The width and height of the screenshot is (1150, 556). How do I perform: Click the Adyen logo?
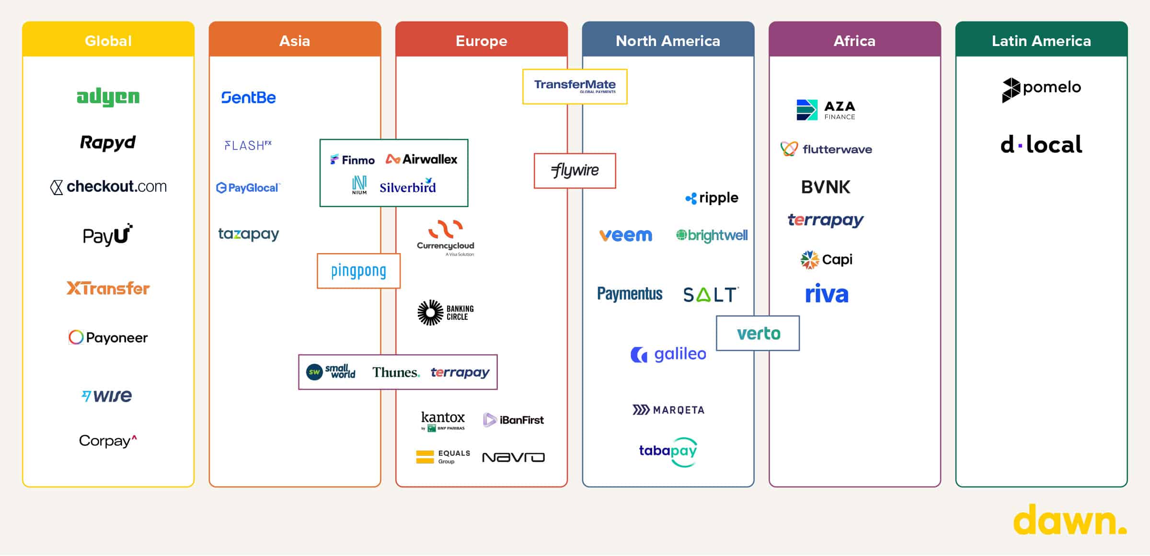coord(108,97)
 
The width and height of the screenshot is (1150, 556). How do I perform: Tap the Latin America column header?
coord(1041,41)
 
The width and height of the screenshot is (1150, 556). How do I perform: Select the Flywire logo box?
coord(575,171)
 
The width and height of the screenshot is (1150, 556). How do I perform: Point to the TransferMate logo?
coord(575,86)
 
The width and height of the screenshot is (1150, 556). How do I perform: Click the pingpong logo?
coord(358,271)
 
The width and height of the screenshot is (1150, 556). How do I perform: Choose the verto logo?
coord(758,333)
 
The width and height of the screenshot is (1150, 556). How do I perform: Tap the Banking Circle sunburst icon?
coord(430,313)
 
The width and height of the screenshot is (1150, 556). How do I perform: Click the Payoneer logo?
coord(108,337)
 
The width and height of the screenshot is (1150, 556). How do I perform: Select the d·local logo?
coord(1041,144)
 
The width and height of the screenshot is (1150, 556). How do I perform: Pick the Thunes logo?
coord(396,372)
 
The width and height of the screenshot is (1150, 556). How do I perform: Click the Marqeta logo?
coord(668,410)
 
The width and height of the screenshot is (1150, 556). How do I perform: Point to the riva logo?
coord(827,294)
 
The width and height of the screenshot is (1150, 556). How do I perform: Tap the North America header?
coord(668,41)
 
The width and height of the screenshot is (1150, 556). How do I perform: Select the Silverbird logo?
coord(408,186)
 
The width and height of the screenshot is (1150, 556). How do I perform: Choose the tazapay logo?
coord(248,234)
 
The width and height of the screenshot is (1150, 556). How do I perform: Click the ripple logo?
coord(712,198)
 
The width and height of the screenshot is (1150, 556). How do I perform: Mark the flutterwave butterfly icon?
coord(789,149)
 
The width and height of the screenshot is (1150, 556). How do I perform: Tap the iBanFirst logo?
coord(514,420)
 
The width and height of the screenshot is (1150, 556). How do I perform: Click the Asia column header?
coord(295,41)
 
